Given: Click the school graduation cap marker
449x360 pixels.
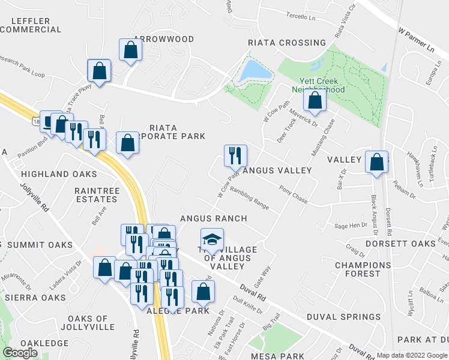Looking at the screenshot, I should [x=211, y=240].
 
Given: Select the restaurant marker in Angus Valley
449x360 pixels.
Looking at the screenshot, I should [x=235, y=155].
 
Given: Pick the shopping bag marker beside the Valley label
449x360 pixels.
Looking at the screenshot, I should [x=376, y=162].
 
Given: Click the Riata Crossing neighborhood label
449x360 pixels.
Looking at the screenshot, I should [x=288, y=43].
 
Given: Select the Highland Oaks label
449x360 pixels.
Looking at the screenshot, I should [x=59, y=174].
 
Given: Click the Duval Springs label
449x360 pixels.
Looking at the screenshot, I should [x=343, y=317].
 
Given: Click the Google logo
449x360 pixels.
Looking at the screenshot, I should [x=20, y=353].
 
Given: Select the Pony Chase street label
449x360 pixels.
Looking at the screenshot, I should [x=293, y=194].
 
